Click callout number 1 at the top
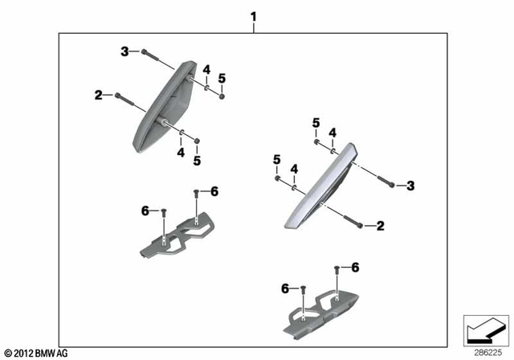click(x=254, y=16)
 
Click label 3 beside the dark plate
click(x=124, y=51)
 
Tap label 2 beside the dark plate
click(x=99, y=95)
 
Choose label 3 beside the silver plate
click(x=410, y=186)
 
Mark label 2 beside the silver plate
click(x=381, y=227)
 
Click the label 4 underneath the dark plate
click(x=181, y=151)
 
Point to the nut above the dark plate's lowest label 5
click(x=198, y=141)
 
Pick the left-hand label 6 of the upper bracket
click(x=145, y=210)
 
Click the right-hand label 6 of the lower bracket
click(x=355, y=267)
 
